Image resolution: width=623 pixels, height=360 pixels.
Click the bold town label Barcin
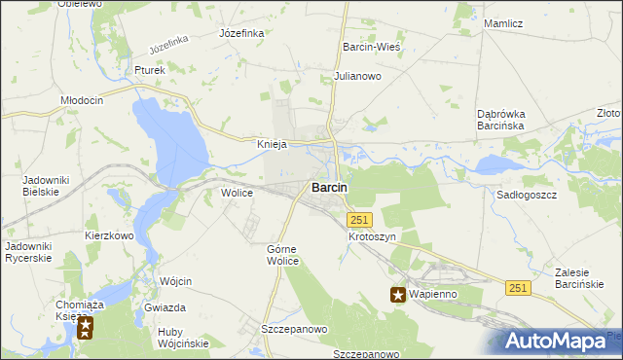pos(330,188)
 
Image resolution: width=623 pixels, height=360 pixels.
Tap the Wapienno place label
pos(435,294)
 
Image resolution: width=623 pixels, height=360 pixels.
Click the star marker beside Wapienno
pos(398,295)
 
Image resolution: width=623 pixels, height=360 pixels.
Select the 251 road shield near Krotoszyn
pos(359,221)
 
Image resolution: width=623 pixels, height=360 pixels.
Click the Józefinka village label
pos(242,32)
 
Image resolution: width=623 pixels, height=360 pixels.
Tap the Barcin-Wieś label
pos(373,46)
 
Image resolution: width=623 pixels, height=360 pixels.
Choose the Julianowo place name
pos(357,75)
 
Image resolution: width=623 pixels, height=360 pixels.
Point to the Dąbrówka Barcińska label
pos(501,120)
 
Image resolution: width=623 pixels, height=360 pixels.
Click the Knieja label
pos(272,144)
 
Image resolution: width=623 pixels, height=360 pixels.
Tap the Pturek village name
pos(150,70)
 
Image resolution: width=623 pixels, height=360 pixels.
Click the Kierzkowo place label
pos(108,235)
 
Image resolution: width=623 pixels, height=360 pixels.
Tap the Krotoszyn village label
pos(373,236)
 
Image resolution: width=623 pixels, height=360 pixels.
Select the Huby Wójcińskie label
pos(183,337)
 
